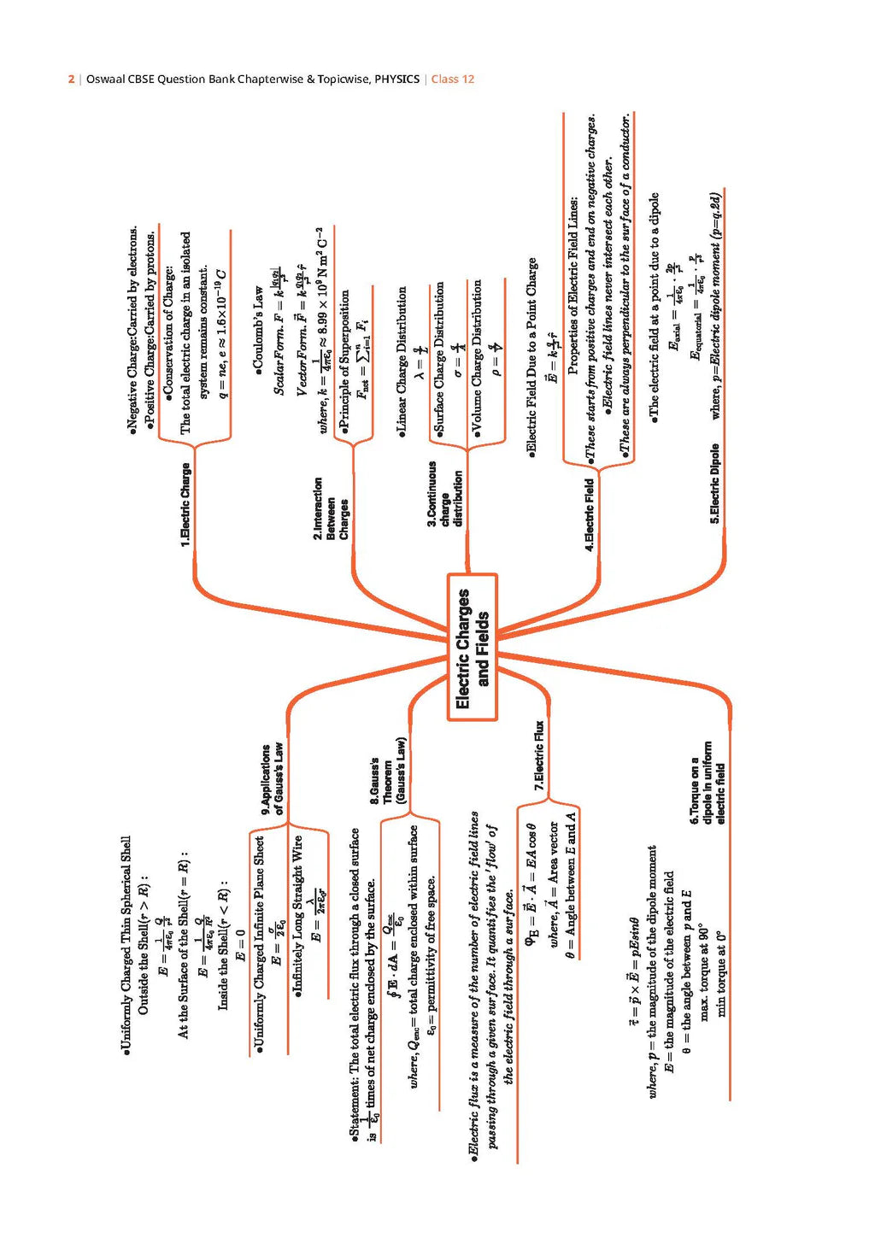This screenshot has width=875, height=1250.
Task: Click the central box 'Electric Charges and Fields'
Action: (472, 647)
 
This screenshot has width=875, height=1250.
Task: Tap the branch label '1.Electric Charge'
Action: (185, 504)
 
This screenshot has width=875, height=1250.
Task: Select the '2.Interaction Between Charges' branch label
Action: (331, 508)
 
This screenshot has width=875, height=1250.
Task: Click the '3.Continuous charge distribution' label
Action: (444, 495)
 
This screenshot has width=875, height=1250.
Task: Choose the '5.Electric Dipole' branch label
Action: (714, 483)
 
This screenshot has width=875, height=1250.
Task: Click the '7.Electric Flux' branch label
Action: (538, 756)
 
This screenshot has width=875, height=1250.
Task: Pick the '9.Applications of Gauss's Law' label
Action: (272, 778)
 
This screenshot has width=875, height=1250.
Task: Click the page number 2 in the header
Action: (71, 79)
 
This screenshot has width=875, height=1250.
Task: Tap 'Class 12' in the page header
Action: (453, 79)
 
